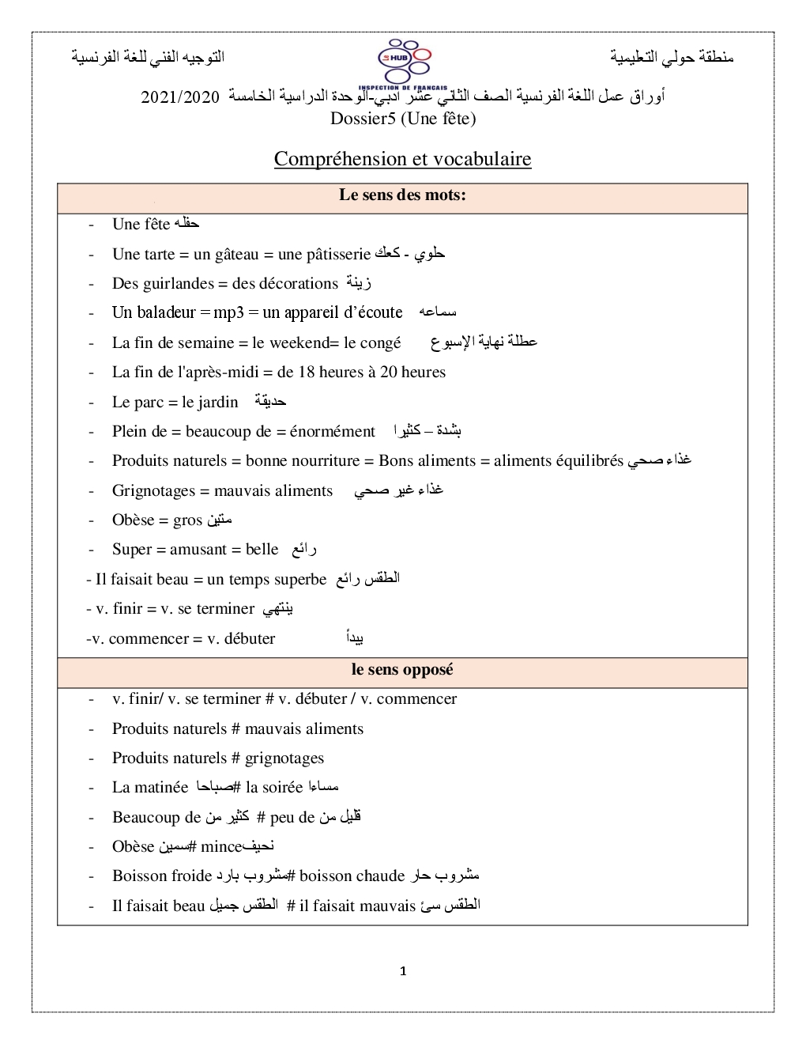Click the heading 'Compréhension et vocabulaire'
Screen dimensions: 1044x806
pos(402,159)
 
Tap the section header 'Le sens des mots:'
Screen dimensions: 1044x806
pos(402,195)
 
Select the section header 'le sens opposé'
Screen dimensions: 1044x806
pos(402,670)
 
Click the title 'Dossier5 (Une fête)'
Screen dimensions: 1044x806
pos(403,119)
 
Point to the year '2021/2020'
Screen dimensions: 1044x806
pos(180,97)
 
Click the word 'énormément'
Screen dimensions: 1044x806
pos(332,431)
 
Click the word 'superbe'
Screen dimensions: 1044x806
pos(299,580)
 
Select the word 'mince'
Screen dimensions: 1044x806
pos(221,847)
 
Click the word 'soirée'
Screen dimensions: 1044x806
pos(282,788)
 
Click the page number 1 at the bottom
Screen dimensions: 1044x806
pos(403,971)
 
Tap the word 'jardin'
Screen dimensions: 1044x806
pos(217,402)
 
